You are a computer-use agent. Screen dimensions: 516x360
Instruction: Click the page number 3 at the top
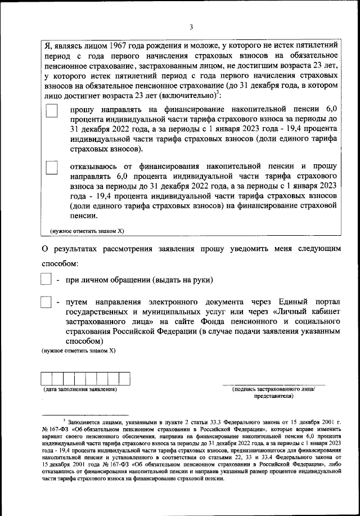(191, 27)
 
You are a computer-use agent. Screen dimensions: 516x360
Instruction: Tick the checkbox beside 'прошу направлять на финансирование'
(52, 111)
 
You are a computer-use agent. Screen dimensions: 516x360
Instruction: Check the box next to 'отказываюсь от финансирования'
(52, 167)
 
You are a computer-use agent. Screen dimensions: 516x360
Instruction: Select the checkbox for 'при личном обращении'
(47, 280)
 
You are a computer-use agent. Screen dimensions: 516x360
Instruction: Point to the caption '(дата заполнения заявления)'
(80, 389)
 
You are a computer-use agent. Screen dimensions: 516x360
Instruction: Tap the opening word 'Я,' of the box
(48, 46)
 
